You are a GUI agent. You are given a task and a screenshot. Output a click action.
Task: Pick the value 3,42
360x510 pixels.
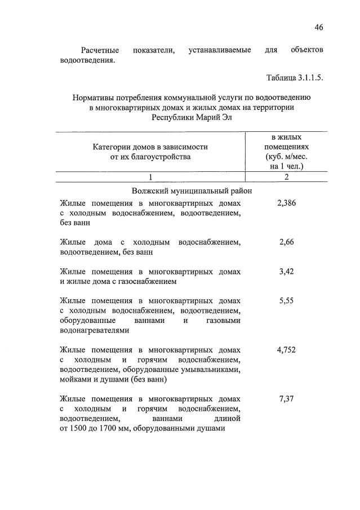[x=286, y=271]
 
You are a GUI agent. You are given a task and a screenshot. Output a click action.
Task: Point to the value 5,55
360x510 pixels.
[x=286, y=301]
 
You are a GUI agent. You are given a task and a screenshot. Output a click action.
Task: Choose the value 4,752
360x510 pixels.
[x=286, y=350]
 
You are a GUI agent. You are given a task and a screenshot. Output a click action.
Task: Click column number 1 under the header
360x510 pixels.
[x=150, y=178]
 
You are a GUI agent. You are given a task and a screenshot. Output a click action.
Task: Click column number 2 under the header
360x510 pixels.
[x=286, y=178]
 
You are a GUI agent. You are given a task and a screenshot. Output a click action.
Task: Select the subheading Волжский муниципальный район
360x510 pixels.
[x=191, y=190]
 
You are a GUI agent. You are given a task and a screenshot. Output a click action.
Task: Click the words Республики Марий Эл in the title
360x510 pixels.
[x=192, y=118]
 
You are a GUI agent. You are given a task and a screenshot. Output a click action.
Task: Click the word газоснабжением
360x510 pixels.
[x=149, y=281]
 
